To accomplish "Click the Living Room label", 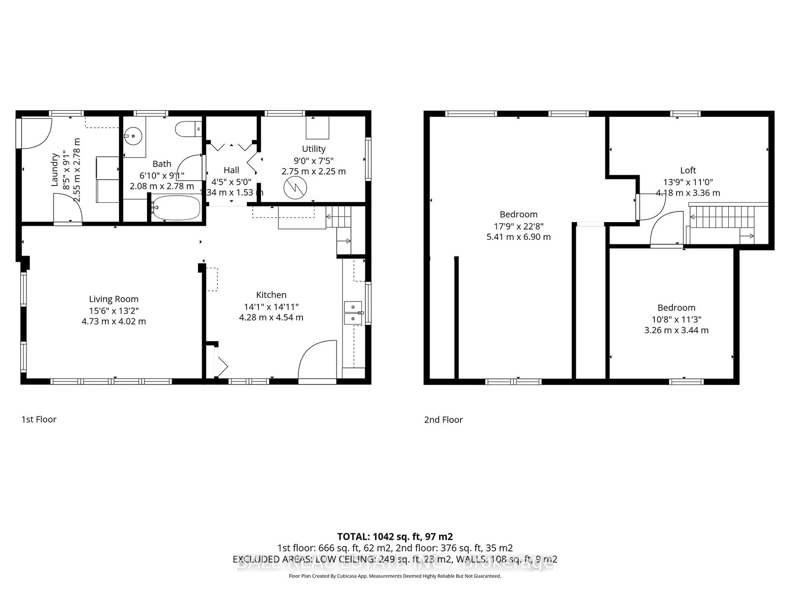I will click(x=114, y=299).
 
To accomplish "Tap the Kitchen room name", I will click(x=271, y=295).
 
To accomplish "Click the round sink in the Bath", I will click(x=133, y=136).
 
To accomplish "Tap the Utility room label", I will click(x=314, y=149).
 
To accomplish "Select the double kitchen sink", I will click(x=353, y=313).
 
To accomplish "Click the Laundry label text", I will click(x=55, y=170).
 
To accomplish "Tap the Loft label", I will click(x=688, y=170).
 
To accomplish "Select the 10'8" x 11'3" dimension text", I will click(x=676, y=319).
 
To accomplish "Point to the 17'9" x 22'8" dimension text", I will click(x=518, y=226).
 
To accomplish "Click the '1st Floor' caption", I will click(x=39, y=419).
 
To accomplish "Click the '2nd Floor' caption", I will click(x=443, y=420).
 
